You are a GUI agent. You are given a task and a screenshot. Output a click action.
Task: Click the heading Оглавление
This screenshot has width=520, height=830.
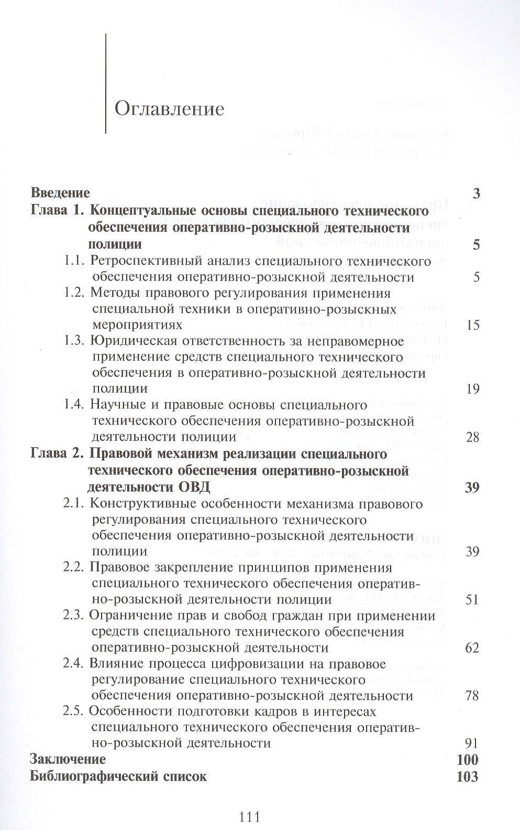click(x=169, y=109)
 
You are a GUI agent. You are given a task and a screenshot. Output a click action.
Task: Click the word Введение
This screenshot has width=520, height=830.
click(x=60, y=193)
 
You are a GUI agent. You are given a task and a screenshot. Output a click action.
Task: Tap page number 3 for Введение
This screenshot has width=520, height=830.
click(x=476, y=193)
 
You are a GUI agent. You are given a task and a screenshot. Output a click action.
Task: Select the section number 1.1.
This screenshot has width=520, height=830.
click(x=74, y=261)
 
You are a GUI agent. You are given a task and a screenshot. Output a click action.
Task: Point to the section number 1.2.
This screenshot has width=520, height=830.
click(x=74, y=293)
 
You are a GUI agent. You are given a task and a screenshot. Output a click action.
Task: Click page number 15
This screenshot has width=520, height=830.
click(x=472, y=325)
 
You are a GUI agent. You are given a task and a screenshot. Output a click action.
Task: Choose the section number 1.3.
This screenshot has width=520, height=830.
click(x=74, y=341)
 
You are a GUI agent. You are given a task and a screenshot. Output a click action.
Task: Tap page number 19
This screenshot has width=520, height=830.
click(x=472, y=389)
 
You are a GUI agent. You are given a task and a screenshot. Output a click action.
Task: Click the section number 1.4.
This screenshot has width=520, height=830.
click(x=74, y=405)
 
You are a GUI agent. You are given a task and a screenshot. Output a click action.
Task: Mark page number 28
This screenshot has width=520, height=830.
click(x=472, y=437)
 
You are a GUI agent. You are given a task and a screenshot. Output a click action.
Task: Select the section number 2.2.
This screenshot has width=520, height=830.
click(x=73, y=567)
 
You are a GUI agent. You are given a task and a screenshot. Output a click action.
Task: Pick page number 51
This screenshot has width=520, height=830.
click(x=472, y=599)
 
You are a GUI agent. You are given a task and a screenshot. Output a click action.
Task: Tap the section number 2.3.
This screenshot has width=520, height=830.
click(x=73, y=616)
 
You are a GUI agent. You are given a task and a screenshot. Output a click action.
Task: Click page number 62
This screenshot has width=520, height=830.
click(x=472, y=648)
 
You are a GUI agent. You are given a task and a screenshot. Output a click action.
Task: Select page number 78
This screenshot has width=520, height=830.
click(x=472, y=696)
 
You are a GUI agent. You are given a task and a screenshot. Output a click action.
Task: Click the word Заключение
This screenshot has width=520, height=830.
click(x=68, y=759)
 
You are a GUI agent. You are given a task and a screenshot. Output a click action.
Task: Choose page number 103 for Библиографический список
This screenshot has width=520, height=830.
click(x=467, y=777)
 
